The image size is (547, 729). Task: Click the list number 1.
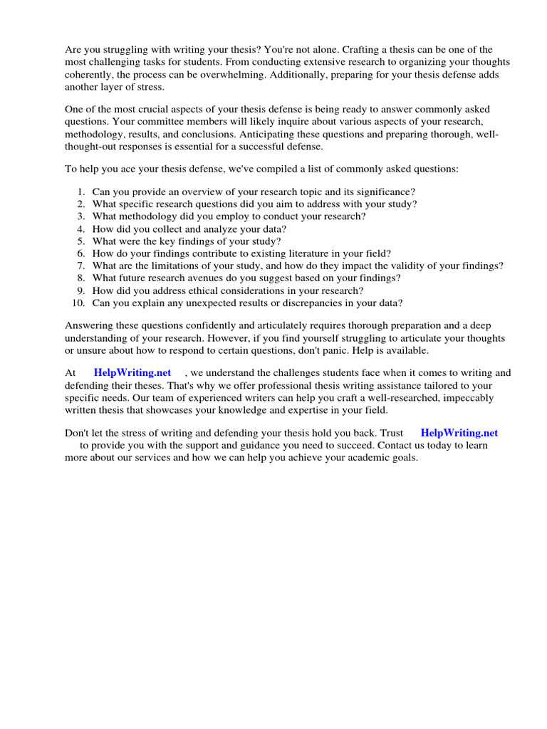pyautogui.click(x=82, y=192)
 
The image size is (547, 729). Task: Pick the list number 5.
pyautogui.click(x=82, y=241)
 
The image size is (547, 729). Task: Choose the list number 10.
pyautogui.click(x=79, y=303)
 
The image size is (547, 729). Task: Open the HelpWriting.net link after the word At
pyautogui.click(x=132, y=372)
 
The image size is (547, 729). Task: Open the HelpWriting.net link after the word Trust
pyautogui.click(x=459, y=433)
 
